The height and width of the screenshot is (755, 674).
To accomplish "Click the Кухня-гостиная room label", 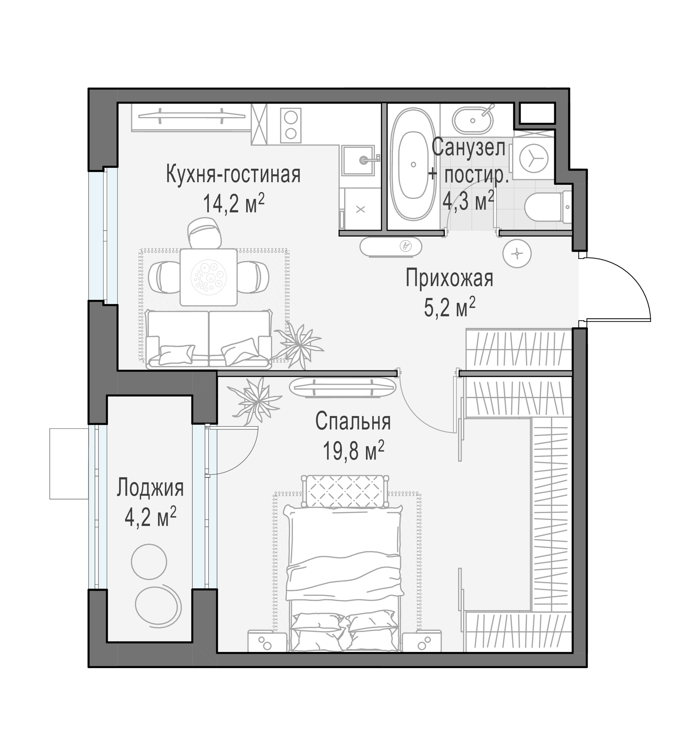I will click(233, 174).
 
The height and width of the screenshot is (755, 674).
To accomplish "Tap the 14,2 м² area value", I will click(234, 204).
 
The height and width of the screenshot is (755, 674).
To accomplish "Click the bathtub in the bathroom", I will click(413, 164).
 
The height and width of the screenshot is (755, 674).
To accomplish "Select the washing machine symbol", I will click(533, 158).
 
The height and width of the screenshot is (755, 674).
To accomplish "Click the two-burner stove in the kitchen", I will click(291, 125).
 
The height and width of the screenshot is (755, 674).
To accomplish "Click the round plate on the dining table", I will click(208, 277).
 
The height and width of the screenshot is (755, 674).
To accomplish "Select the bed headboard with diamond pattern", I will click(345, 491).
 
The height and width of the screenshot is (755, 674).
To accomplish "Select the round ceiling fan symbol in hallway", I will click(517, 254).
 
